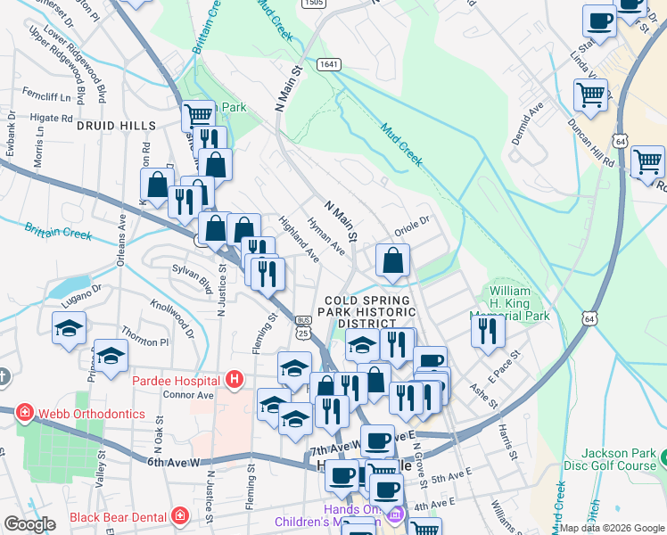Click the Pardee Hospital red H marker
pyautogui.click(x=234, y=381)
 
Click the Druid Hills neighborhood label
pyautogui.click(x=116, y=127)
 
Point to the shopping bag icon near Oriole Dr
pyautogui.click(x=392, y=260)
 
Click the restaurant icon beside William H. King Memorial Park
pyautogui.click(x=488, y=331)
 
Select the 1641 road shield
pyautogui.click(x=328, y=64)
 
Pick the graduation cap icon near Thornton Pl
pyautogui.click(x=111, y=356)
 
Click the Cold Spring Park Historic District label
pyautogui.click(x=369, y=312)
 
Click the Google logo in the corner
pyautogui.click(x=29, y=524)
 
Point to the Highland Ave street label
pyautogui.click(x=299, y=238)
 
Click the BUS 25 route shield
pyautogui.click(x=303, y=327)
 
